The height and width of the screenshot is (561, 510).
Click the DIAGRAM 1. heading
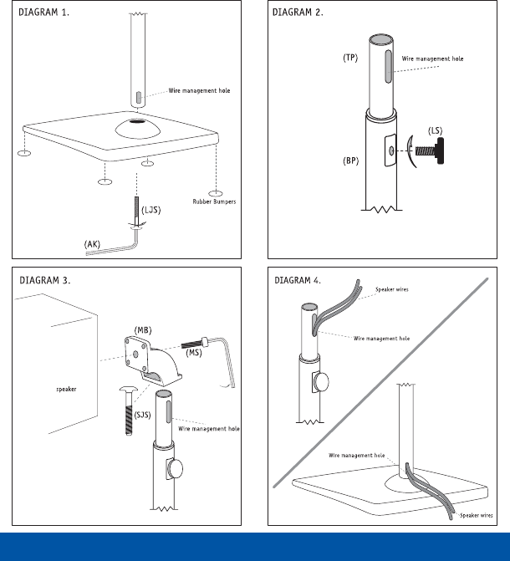click(x=43, y=13)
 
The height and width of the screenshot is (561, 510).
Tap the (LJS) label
click(x=151, y=210)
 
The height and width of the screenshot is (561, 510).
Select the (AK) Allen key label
click(x=92, y=244)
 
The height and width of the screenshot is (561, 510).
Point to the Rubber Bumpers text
click(x=214, y=201)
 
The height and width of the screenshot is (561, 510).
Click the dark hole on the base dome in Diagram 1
click(x=137, y=121)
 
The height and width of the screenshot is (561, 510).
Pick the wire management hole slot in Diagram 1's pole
click(x=139, y=97)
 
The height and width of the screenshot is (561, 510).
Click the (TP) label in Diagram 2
click(x=350, y=58)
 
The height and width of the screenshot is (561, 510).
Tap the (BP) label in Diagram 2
click(x=350, y=161)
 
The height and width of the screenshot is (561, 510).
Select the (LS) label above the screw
click(x=435, y=131)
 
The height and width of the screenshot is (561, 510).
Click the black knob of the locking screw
click(x=440, y=150)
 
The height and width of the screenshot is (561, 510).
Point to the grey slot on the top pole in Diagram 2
click(x=388, y=67)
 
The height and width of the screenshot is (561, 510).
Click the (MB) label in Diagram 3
click(x=143, y=330)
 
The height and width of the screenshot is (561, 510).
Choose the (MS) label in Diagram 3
click(x=194, y=353)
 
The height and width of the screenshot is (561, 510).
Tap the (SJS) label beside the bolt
click(x=142, y=415)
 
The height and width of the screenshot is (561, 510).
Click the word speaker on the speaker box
click(x=66, y=390)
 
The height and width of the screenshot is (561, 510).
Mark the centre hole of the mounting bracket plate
click(x=135, y=354)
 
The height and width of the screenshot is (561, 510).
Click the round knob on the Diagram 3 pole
click(x=175, y=469)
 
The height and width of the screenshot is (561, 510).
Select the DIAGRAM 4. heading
click(x=298, y=281)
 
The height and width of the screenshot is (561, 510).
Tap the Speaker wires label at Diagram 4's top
click(x=391, y=289)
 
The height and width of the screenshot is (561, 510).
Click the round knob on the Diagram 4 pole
click(x=321, y=382)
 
